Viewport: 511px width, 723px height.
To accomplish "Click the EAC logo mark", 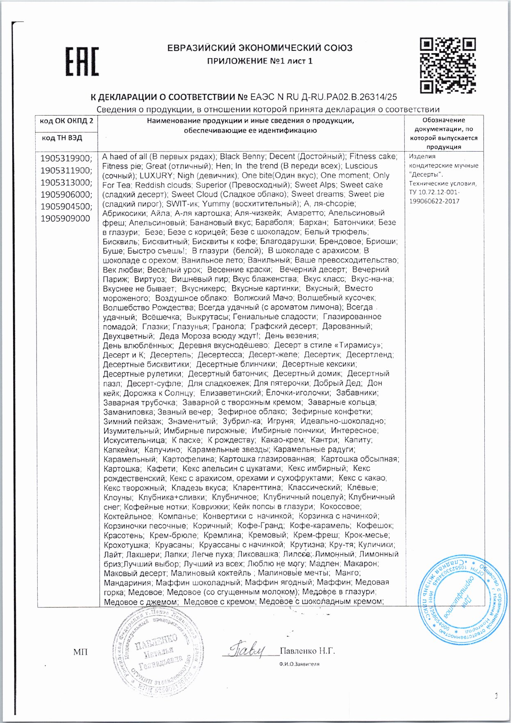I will (82, 62).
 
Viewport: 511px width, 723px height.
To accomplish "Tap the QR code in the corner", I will (448, 65).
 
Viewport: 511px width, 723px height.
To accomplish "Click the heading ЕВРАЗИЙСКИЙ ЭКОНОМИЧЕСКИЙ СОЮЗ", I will (260, 48).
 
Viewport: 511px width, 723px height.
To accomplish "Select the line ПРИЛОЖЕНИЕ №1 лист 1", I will (260, 61).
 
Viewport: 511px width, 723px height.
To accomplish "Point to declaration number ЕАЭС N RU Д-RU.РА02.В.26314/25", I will (323, 97).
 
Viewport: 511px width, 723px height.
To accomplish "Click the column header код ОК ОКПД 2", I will (66, 121).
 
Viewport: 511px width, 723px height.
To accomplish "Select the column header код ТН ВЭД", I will (62, 138).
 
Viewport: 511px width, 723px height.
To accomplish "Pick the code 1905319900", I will (66, 159).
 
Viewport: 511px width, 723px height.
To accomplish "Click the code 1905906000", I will (66, 194).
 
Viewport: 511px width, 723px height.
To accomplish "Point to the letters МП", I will (80, 652).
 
